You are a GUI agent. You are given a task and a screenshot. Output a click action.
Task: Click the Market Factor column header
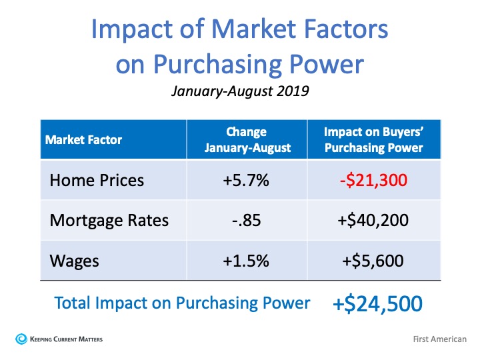pyautogui.click(x=83, y=140)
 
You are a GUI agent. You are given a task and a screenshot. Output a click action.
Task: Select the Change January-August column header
pyautogui.click(x=247, y=140)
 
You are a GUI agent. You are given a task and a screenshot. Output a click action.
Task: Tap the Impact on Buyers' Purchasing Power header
pyautogui.click(x=374, y=140)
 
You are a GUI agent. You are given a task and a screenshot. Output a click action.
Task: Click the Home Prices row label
pyautogui.click(x=97, y=180)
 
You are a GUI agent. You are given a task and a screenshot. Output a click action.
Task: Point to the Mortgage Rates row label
pyautogui.click(x=109, y=221)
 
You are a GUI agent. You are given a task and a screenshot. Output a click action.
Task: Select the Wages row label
pyautogui.click(x=75, y=261)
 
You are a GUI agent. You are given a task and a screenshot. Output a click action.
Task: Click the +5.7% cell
pyautogui.click(x=246, y=180)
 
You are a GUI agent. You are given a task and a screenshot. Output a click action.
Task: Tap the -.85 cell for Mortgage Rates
pyautogui.click(x=247, y=221)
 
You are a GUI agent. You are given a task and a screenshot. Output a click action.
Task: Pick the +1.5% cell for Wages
pyautogui.click(x=246, y=261)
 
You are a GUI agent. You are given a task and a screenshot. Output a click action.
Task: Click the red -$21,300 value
pyautogui.click(x=373, y=180)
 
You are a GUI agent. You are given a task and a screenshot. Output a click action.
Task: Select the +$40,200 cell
pyautogui.click(x=373, y=221)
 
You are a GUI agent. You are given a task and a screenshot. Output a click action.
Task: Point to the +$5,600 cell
pyautogui.click(x=373, y=261)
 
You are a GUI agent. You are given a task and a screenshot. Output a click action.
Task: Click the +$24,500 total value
pyautogui.click(x=377, y=304)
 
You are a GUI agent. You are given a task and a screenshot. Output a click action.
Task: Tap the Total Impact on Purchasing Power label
pyautogui.click(x=182, y=303)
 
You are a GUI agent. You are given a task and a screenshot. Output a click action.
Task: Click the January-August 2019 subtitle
pyautogui.click(x=240, y=91)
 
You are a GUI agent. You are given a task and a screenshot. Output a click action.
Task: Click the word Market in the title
pyautogui.click(x=254, y=29)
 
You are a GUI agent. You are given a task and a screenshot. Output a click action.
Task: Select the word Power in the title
pyautogui.click(x=326, y=64)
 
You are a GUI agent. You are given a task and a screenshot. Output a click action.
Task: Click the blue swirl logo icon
pyautogui.click(x=21, y=339)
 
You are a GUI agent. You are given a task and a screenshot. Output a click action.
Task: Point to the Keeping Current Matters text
pyautogui.click(x=66, y=339)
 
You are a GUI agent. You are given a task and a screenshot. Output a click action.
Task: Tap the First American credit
pyautogui.click(x=439, y=339)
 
